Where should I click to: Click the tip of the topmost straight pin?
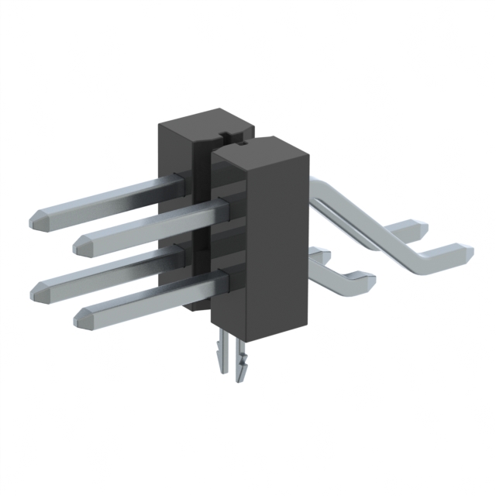pos(36,217)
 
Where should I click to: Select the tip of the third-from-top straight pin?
pos(36,291)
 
